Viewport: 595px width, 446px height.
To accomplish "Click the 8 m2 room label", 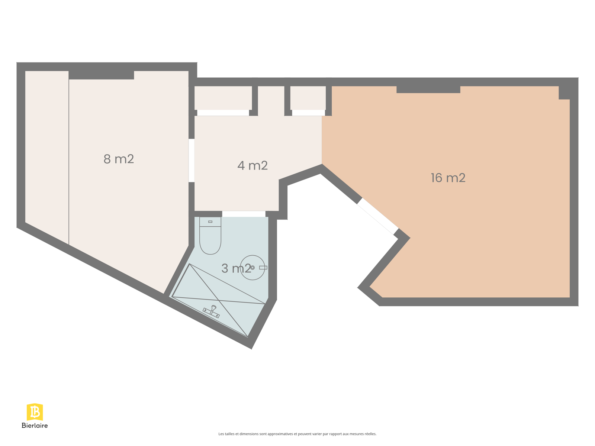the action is coord(119,159).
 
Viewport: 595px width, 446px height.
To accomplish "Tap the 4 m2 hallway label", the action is coord(253,165).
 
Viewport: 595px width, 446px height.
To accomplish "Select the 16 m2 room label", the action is coord(448,178).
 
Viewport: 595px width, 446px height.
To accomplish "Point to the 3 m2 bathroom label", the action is coord(236,268).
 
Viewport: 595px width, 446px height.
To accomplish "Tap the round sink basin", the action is coord(253,268).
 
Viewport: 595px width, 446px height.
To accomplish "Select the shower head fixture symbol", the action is coord(212,311).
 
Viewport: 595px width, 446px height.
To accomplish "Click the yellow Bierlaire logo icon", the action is coord(35,412).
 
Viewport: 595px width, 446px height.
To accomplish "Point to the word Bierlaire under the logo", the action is coord(35,426).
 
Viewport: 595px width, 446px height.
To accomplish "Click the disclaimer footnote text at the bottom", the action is coord(297,434).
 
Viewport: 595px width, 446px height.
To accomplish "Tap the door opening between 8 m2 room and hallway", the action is coord(192,160).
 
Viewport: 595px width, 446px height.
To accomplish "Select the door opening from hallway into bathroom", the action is coord(244,214).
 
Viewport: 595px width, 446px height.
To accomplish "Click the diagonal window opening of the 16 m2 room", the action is coord(378,216).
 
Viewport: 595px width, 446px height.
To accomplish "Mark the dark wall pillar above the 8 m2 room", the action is coord(102,75).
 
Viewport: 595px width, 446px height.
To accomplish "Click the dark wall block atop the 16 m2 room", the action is coord(428,89).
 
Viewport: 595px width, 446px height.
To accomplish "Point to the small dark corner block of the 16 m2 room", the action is coord(564,93).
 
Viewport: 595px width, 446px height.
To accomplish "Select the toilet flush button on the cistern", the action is coord(210,222).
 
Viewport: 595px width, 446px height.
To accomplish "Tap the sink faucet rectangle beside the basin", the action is coord(263,268).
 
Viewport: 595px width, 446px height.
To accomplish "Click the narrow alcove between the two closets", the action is coord(271,101).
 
